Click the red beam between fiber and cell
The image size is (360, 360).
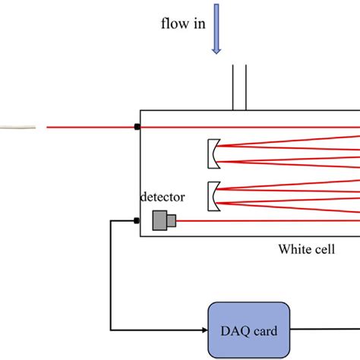pos(91,127)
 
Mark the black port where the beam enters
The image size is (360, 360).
pos(137,127)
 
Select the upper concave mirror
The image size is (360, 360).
pos(214,153)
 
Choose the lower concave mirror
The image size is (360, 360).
pos(214,194)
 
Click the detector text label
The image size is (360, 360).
pos(163,197)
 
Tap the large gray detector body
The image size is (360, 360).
pos(159,220)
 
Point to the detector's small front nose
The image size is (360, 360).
pos(172,220)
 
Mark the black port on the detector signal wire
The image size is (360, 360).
pos(137,221)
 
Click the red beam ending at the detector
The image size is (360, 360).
pos(266,221)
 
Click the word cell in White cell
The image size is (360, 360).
pos(324,249)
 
